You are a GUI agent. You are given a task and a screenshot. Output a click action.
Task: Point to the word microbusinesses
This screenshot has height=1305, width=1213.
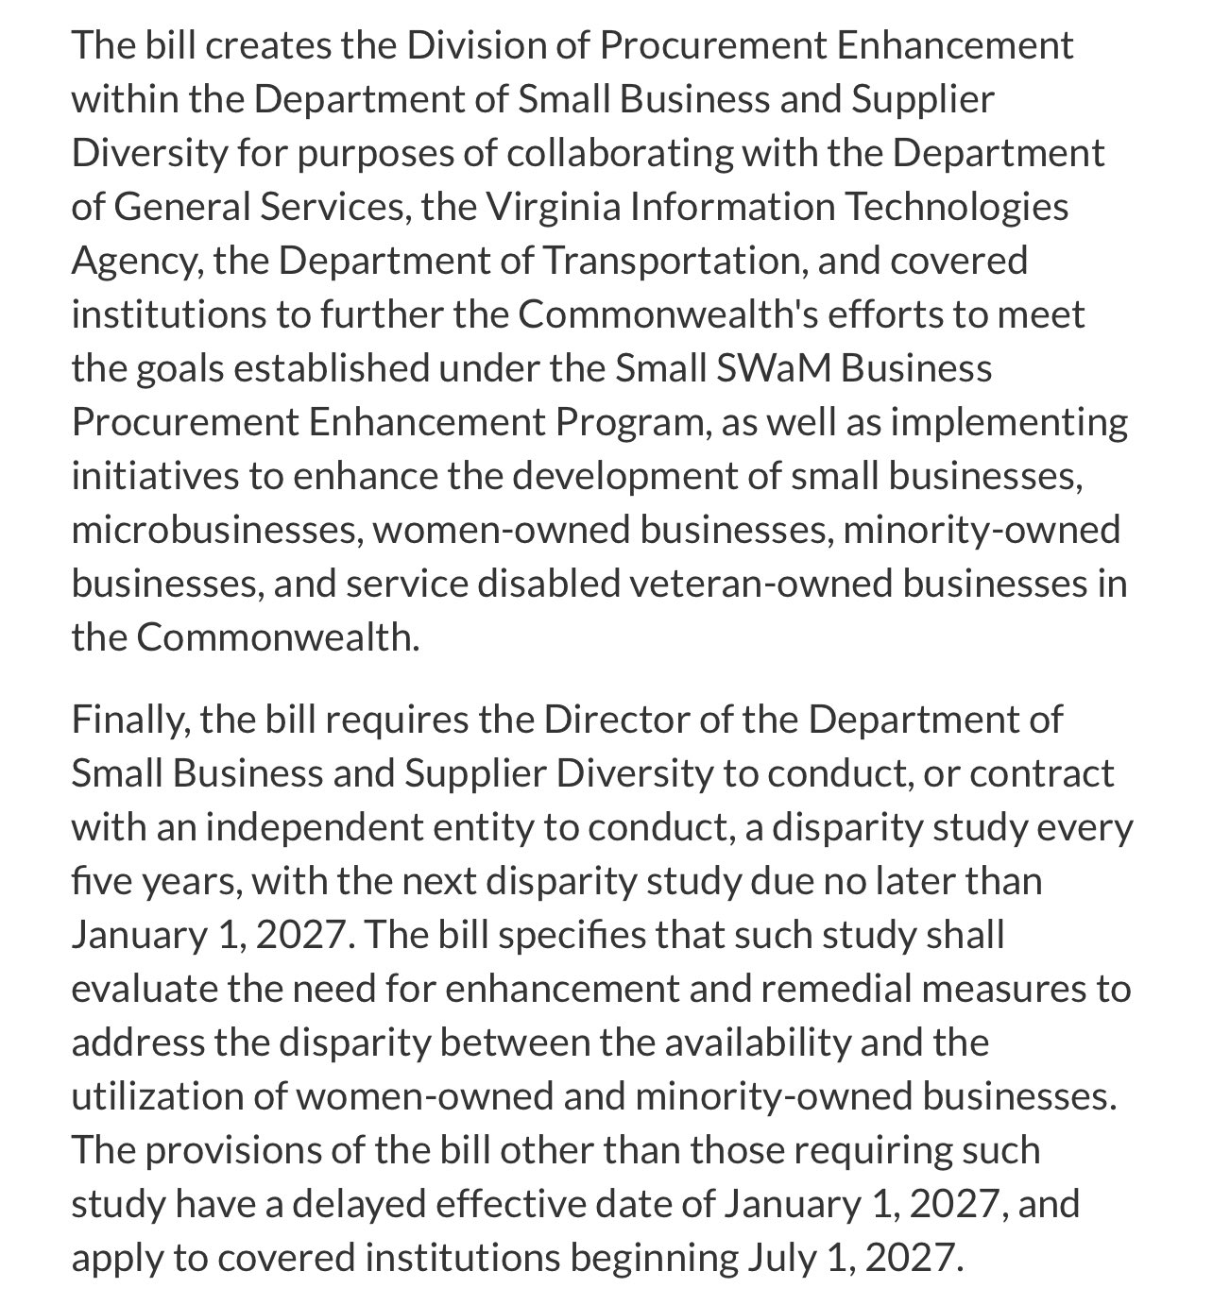[216, 531]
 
